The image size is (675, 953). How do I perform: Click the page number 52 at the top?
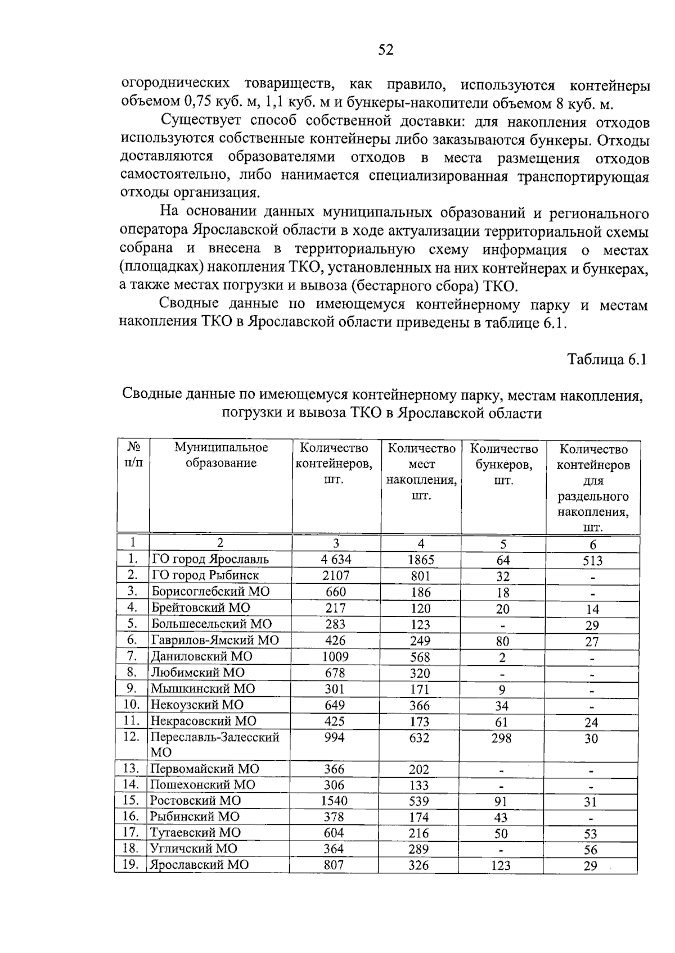pos(386,50)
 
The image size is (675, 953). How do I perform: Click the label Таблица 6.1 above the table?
pos(607,360)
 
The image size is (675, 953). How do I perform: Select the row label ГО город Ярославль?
pos(210,559)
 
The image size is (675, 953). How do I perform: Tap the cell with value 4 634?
pos(336,559)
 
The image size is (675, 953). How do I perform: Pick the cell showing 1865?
pos(421,560)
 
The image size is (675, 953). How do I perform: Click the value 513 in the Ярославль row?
pos(592,561)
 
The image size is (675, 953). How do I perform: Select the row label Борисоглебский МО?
pos(210,592)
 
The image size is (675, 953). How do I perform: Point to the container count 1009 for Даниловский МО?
pos(335,656)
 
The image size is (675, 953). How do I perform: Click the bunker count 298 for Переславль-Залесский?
pos(501,738)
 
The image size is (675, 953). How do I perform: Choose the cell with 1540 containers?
pos(334,801)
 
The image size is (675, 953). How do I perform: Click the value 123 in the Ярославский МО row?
pos(500,866)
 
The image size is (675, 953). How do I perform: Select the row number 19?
pos(130,865)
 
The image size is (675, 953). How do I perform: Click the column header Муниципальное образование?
pos(221,455)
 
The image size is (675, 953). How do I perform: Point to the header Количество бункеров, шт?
pos(503,464)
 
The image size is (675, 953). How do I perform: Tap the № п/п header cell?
pos(133,455)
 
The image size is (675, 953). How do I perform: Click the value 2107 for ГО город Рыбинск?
pos(336,575)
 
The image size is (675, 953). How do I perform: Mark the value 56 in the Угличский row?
pos(590,850)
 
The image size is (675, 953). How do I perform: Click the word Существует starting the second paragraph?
pos(201,121)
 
